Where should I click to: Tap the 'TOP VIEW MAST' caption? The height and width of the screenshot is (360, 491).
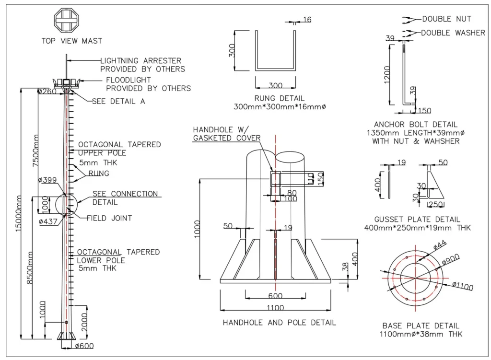tap(72, 41)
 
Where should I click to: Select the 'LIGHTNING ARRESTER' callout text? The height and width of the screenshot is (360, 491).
tap(140, 61)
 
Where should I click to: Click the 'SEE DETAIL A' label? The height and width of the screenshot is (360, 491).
tap(118, 101)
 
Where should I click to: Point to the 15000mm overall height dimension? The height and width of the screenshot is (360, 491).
tap(19, 213)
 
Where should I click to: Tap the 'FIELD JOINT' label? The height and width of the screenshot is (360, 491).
tap(109, 218)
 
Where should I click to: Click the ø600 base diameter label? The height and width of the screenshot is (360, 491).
tap(84, 346)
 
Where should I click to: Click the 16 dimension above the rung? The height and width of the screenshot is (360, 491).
tap(307, 20)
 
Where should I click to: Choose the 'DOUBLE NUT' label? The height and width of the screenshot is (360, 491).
tap(446, 19)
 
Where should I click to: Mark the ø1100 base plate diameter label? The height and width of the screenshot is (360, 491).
tap(462, 288)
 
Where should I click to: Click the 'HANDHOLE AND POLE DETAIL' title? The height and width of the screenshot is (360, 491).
tap(279, 323)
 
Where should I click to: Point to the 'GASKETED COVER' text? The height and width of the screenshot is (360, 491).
tap(226, 138)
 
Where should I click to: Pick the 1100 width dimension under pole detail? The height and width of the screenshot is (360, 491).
tap(276, 308)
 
